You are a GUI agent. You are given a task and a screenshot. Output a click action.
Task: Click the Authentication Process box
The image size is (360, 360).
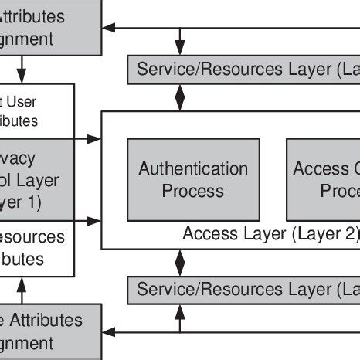[193, 179]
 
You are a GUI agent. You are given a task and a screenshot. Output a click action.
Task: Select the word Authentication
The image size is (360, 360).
[193, 168]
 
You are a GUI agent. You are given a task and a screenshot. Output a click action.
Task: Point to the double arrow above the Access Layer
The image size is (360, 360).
[181, 97]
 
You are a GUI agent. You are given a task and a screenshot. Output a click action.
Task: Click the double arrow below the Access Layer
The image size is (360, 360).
[181, 263]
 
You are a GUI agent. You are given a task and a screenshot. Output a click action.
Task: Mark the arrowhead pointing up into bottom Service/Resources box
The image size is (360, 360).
[181, 309]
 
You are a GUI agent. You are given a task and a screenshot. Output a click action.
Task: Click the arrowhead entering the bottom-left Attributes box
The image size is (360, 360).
[108, 332]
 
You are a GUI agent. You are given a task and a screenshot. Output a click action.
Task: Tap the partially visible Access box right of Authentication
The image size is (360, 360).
[323, 179]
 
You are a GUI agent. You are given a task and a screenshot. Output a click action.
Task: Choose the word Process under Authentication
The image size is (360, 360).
[193, 190]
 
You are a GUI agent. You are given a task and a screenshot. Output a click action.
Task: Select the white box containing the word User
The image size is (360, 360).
[37, 111]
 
